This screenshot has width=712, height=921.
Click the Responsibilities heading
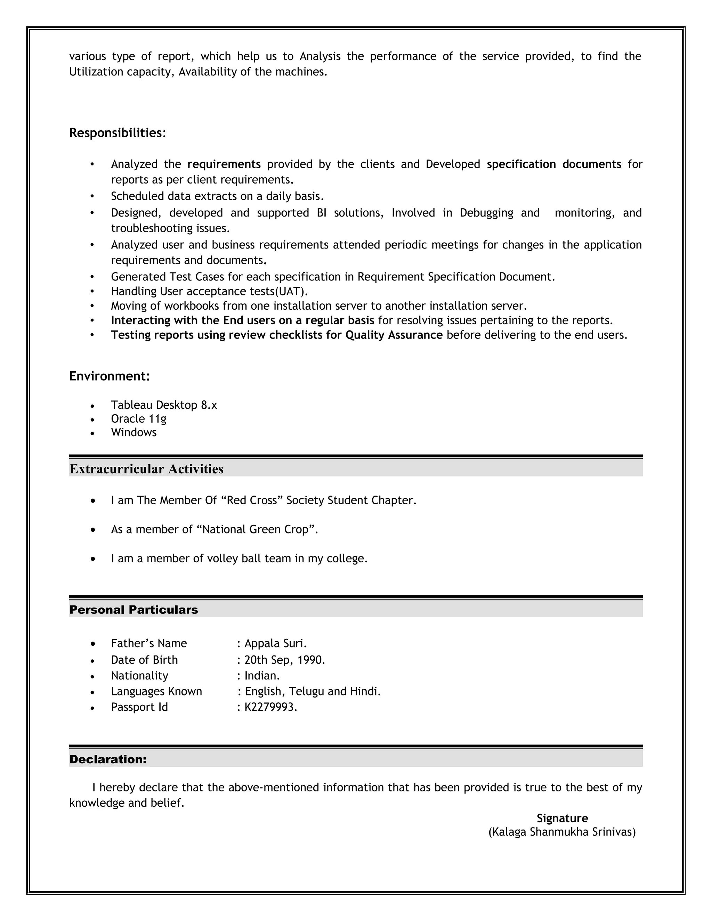pos(115,133)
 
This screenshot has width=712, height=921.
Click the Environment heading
pos(110,376)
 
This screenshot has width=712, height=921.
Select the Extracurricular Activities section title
pos(146,469)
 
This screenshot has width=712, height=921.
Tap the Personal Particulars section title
pos(133,610)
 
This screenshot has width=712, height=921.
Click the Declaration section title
pos(108,759)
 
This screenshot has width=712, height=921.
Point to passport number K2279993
pos(270,707)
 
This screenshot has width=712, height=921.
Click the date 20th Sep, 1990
pos(284,660)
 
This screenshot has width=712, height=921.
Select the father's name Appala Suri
pos(275,644)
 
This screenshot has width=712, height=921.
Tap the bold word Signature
pos(562,818)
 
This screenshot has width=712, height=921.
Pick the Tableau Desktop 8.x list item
pos(164,405)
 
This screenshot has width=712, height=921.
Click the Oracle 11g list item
pos(138,419)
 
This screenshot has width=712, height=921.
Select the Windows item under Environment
pos(134,432)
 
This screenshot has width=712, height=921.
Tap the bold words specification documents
pos(554,164)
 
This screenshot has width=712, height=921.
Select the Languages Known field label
pos(156,692)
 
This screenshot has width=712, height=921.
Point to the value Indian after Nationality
pos(261,676)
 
